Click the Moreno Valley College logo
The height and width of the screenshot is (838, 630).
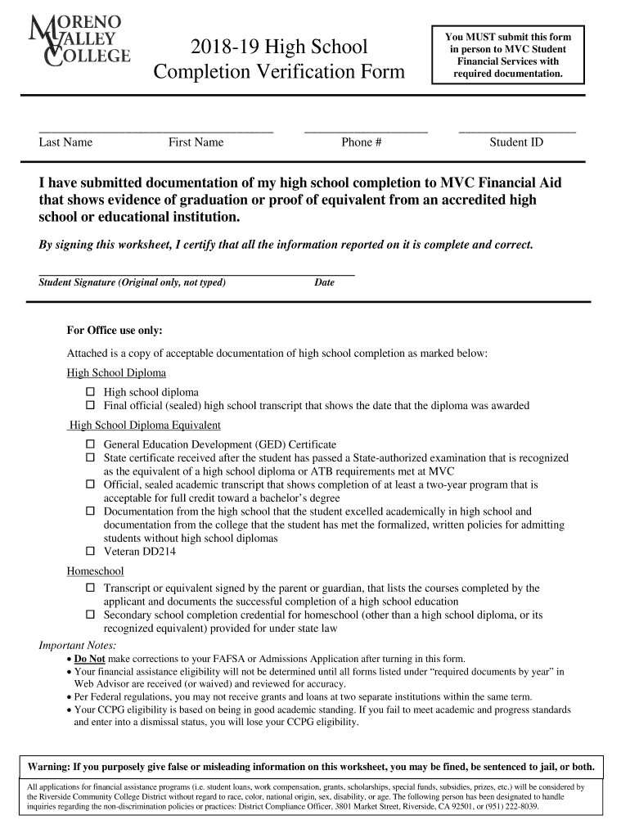pos(79,41)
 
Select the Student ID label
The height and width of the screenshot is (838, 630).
pos(516,142)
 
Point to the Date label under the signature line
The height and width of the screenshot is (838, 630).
pos(324,283)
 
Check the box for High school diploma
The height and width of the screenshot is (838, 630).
pos(91,393)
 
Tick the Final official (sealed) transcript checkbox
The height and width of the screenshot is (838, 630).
pos(91,406)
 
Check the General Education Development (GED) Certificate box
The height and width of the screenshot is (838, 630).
pos(91,445)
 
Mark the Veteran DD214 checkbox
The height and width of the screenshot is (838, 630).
pos(91,552)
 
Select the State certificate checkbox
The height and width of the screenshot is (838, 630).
pos(91,458)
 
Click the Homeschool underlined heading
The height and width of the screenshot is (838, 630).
pos(95,571)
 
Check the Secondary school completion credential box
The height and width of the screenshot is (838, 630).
pos(91,614)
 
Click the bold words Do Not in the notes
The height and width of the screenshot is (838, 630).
pos(89,659)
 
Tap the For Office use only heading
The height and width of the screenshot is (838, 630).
pos(115,331)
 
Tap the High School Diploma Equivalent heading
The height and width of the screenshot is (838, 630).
pos(145,426)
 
